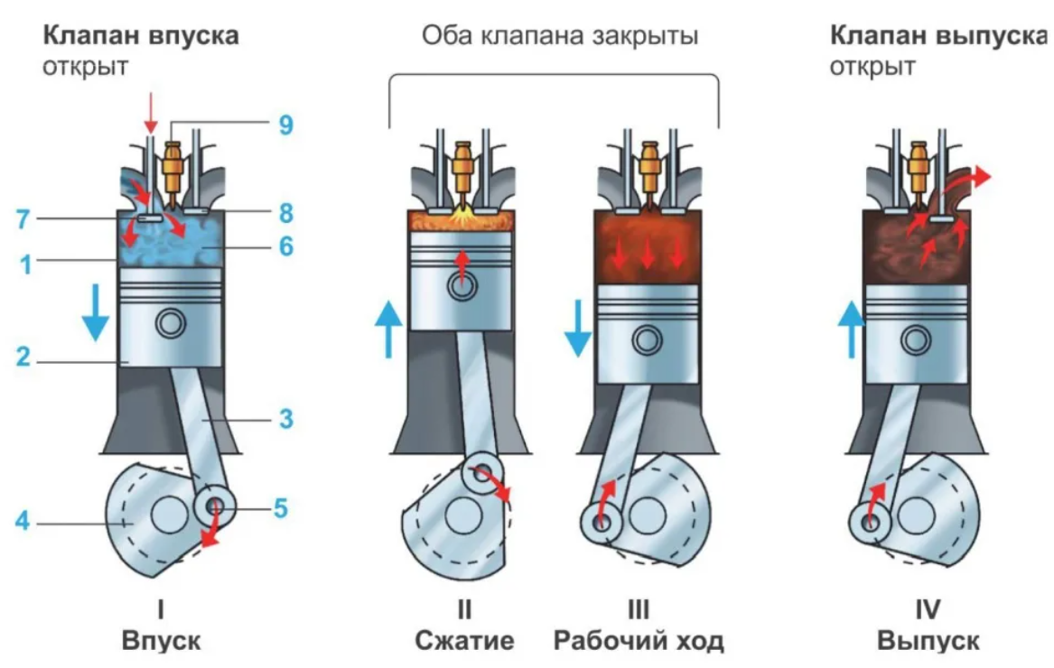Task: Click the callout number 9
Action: pos(285,125)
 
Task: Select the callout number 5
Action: pos(281,508)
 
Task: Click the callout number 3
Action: pos(285,419)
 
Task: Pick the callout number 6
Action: pos(285,246)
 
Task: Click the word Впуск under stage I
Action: pos(162,641)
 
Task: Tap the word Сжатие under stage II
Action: pos(464,641)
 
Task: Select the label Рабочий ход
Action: pos(639,641)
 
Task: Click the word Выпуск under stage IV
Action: pos(928,641)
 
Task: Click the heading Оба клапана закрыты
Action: pos(560,36)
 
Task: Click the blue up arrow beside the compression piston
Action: pos(388,329)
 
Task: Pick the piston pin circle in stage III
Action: pos(646,339)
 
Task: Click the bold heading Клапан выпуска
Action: pos(940,36)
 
